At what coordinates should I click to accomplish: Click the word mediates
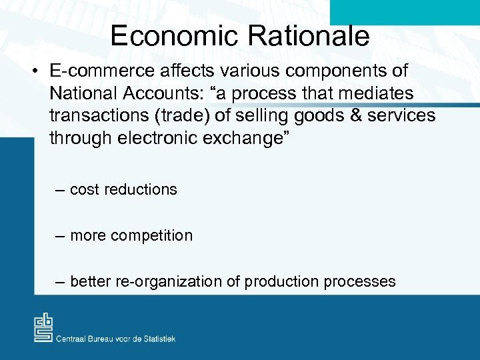pyautogui.click(x=381, y=93)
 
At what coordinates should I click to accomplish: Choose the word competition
pyautogui.click(x=153, y=235)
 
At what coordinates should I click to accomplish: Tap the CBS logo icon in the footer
pyautogui.click(x=43, y=328)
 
